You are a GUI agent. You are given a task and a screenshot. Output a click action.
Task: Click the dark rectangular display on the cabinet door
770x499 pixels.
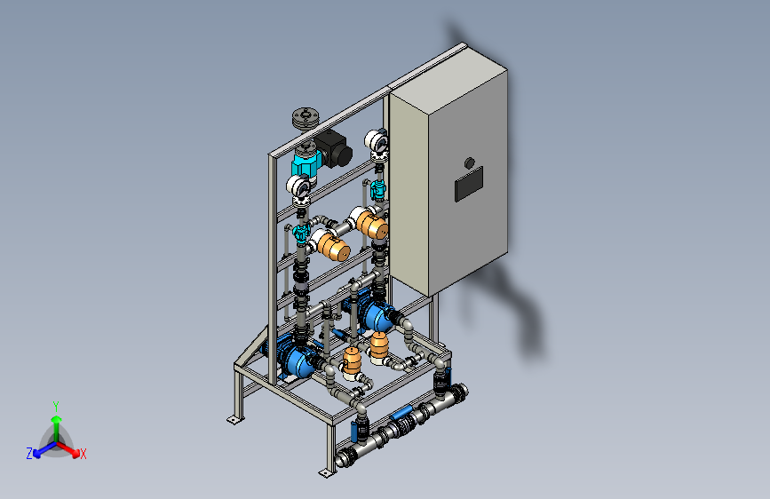(469, 184)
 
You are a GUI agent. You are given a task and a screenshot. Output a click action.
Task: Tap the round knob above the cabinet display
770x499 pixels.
(470, 162)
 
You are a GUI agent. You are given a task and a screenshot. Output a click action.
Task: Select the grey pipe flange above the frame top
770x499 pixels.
(306, 118)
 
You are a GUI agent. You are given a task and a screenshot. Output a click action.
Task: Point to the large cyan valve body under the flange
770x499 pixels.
(306, 162)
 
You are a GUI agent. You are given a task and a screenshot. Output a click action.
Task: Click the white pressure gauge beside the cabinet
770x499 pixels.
(377, 140)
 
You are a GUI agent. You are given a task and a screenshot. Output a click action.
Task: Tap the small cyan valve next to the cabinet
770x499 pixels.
(378, 189)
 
